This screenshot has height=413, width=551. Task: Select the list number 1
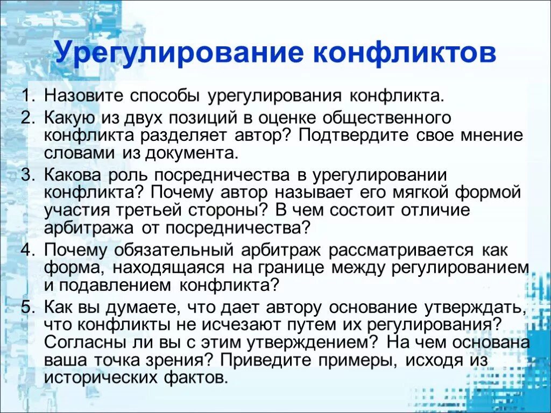point(27,97)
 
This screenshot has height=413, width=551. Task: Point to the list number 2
point(27,117)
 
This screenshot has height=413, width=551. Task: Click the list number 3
point(27,176)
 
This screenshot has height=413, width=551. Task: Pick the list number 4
point(27,250)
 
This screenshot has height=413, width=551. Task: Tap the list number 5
point(27,308)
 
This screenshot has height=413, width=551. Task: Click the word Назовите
point(83,97)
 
